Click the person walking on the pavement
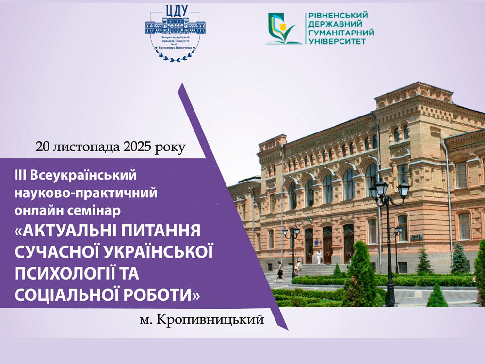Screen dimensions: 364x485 [280, 272]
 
